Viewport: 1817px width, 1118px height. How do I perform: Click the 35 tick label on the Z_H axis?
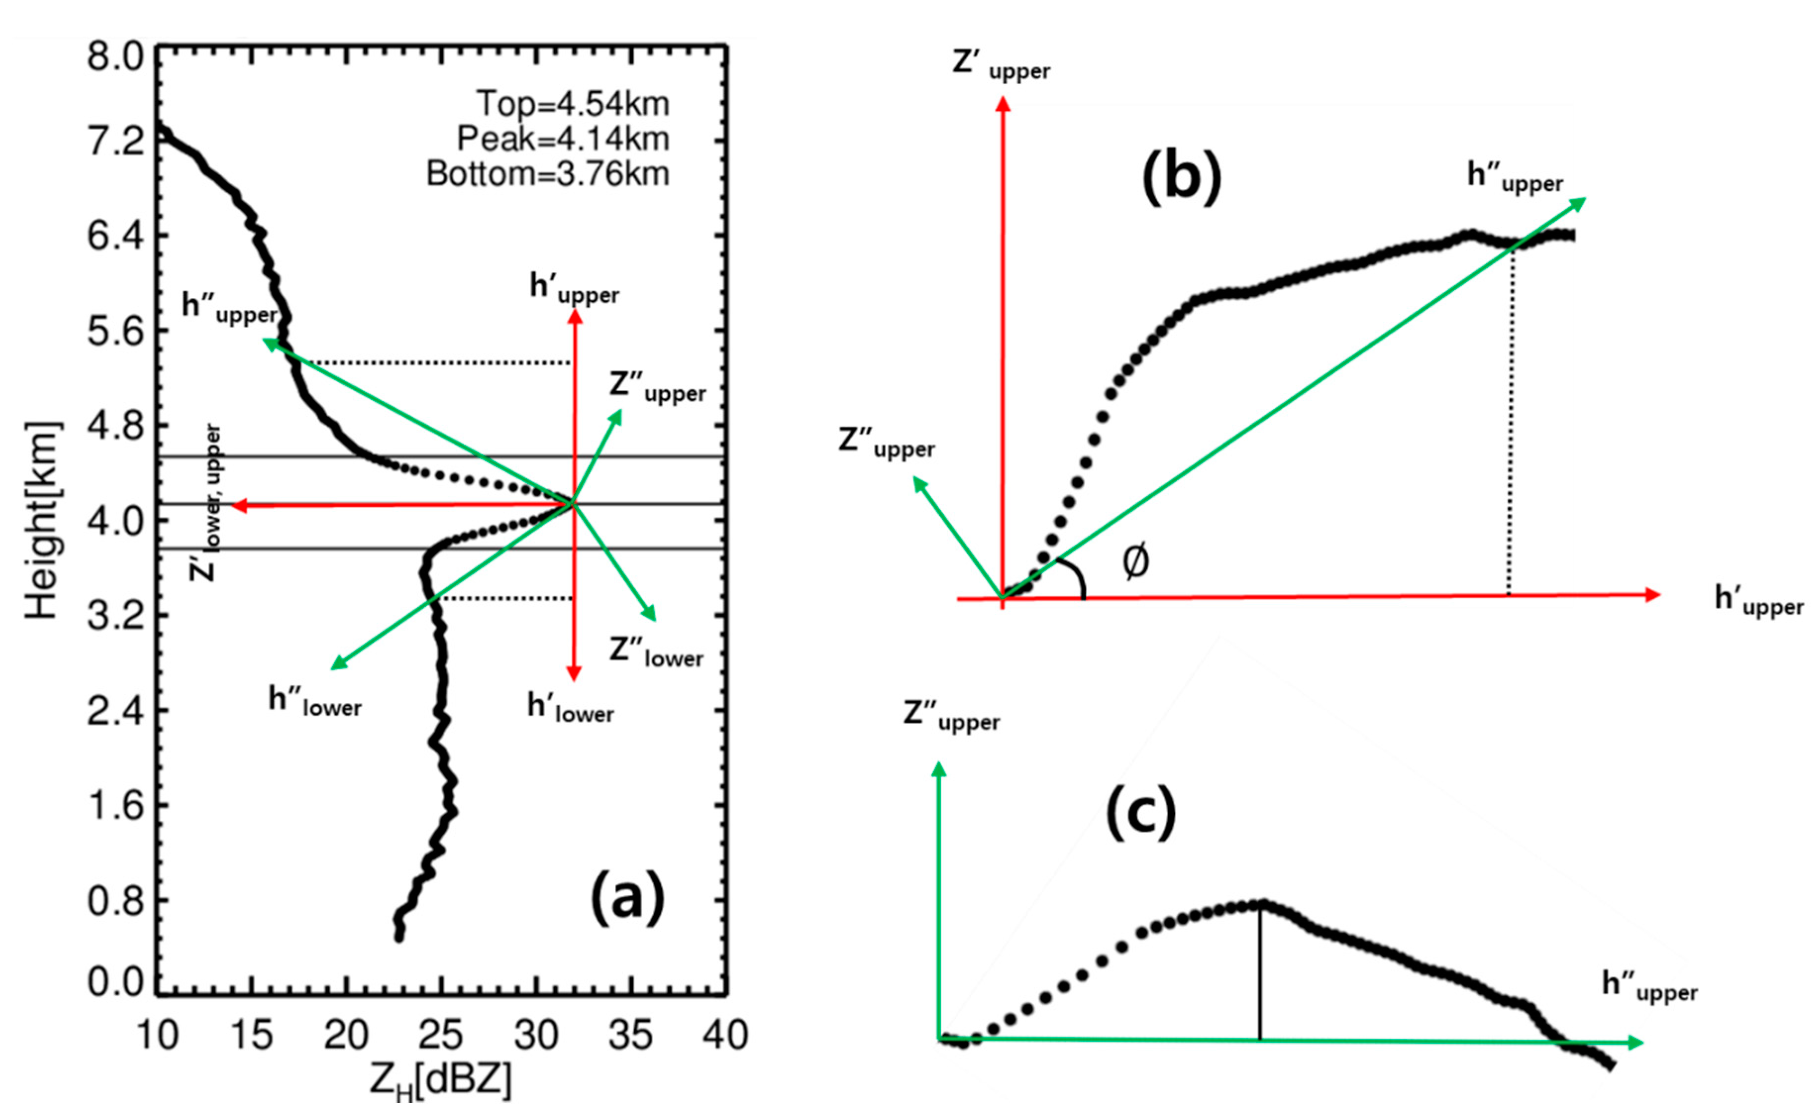[x=631, y=1035]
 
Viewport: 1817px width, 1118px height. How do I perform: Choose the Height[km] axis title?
[x=42, y=520]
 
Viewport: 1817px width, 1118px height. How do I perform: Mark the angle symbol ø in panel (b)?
[x=1136, y=563]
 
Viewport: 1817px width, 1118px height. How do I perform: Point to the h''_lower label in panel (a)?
[x=315, y=701]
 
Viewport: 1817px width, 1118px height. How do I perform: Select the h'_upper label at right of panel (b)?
[x=1759, y=600]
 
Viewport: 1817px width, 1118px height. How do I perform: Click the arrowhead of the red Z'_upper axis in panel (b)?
[x=1003, y=106]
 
